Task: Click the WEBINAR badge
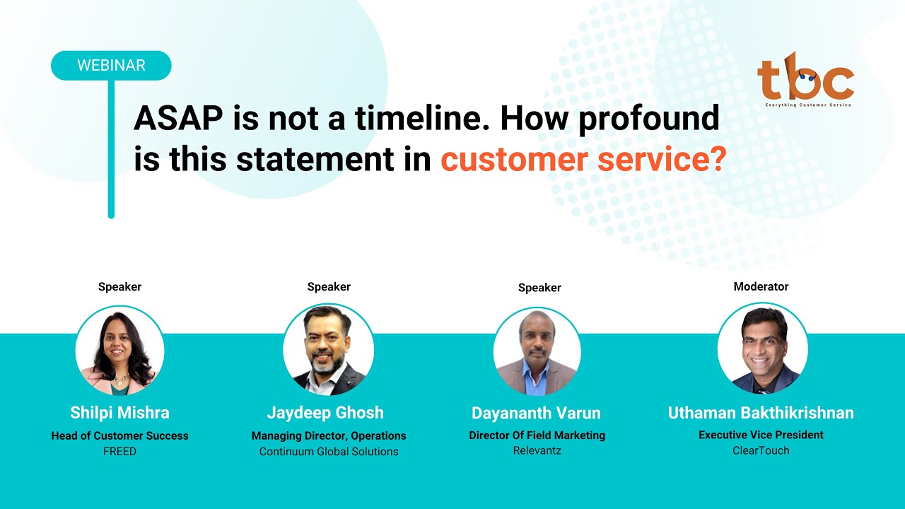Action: tap(111, 65)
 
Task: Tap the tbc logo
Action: tap(805, 79)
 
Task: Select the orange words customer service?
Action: tap(583, 160)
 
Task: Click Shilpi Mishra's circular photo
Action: tap(120, 351)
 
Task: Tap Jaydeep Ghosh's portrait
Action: tap(329, 349)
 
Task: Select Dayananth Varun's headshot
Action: tap(537, 351)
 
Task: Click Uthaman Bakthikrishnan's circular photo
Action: tap(762, 349)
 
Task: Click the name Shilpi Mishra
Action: tap(120, 413)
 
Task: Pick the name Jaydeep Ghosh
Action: tap(325, 413)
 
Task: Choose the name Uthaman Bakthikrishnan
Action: tap(761, 413)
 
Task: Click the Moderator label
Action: tap(761, 286)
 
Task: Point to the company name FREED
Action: tap(120, 451)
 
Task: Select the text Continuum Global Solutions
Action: tap(329, 451)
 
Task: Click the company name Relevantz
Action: tap(537, 450)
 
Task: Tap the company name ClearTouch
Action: tap(761, 450)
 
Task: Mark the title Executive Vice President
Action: tap(761, 435)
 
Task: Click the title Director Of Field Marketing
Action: tap(537, 435)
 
